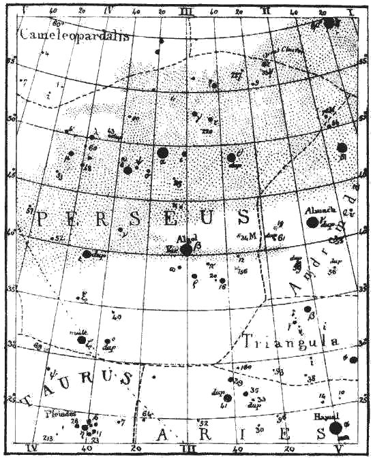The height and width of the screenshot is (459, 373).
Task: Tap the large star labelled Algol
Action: pyautogui.click(x=186, y=249)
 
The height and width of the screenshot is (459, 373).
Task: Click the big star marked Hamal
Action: pyautogui.click(x=335, y=428)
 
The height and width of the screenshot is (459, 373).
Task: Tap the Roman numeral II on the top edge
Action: pyautogui.click(x=266, y=12)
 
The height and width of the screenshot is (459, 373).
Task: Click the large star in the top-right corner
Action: pyautogui.click(x=330, y=22)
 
